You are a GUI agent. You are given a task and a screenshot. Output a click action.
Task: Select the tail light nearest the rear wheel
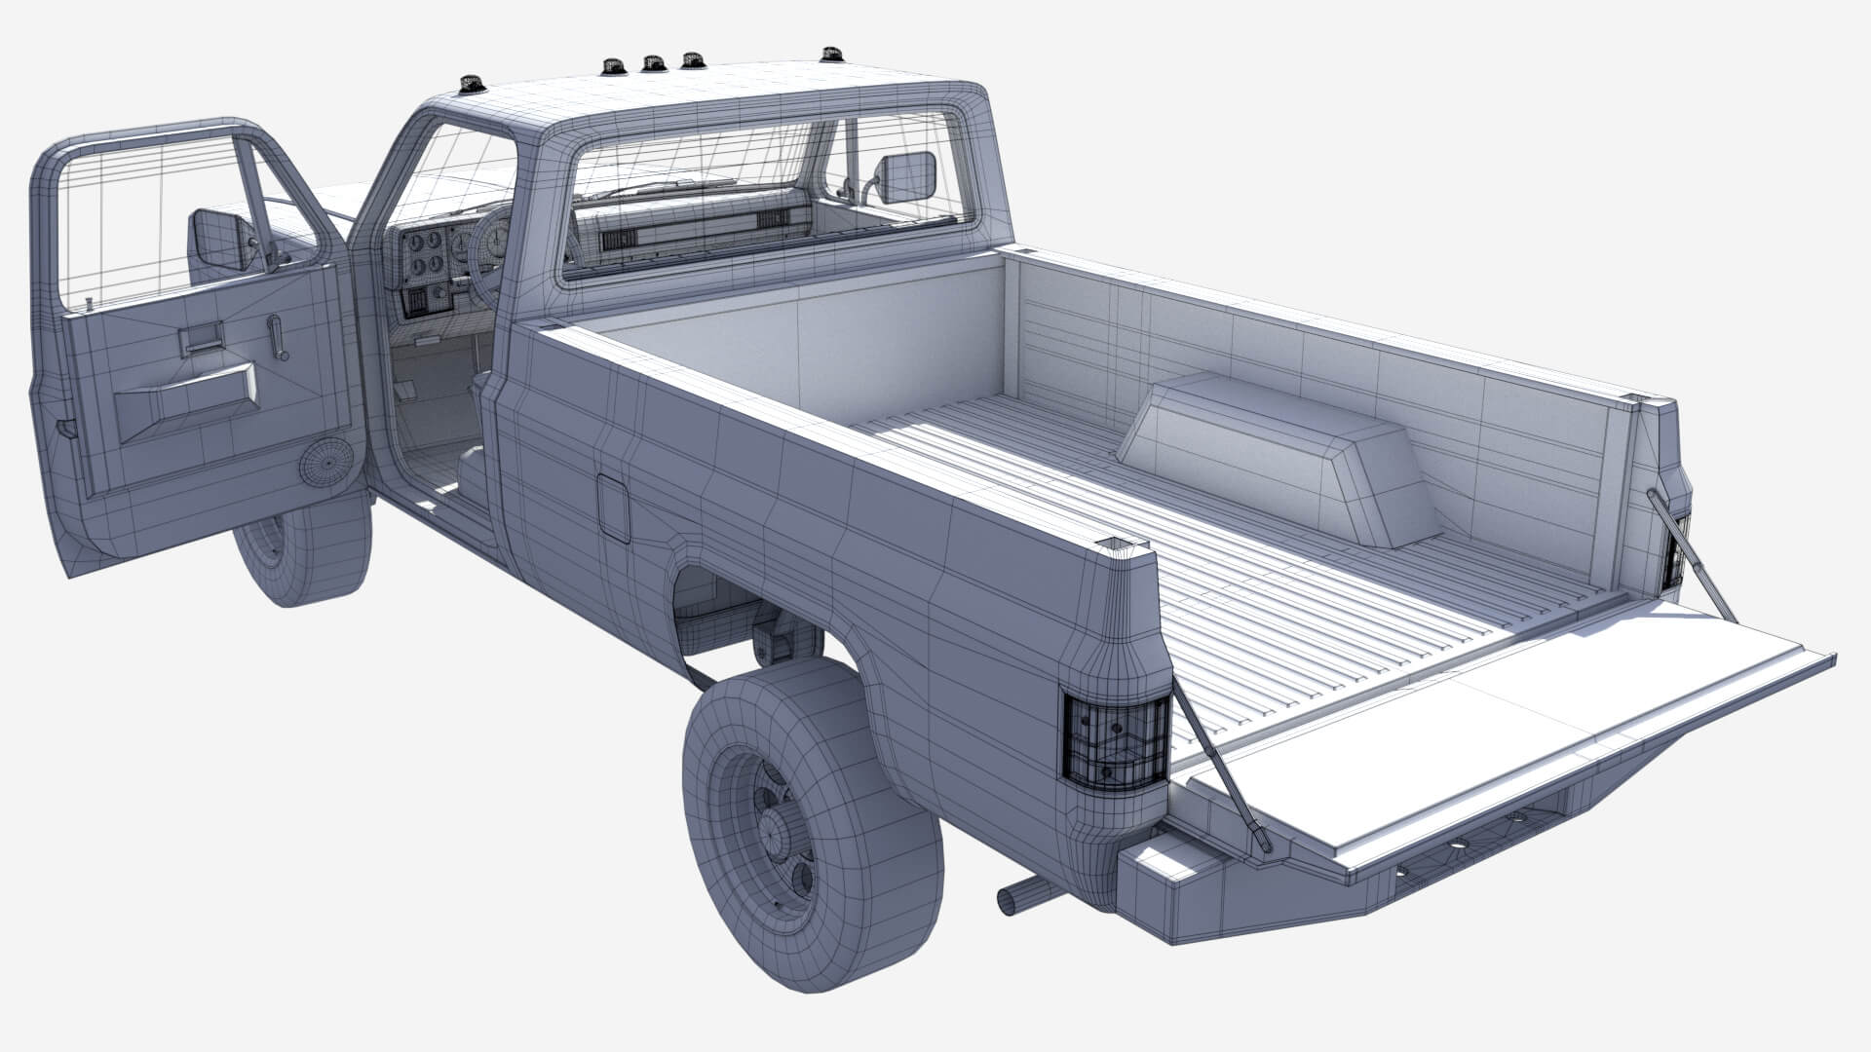click(x=1116, y=739)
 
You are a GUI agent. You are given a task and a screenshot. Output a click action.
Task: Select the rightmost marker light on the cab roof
click(x=830, y=53)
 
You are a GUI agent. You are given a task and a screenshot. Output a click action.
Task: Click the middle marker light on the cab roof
click(x=650, y=63)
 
